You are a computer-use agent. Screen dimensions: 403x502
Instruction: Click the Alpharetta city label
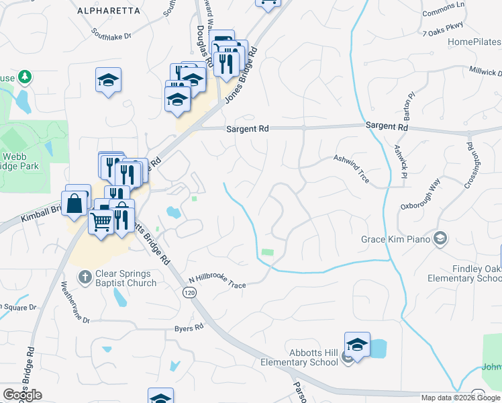coord(109,11)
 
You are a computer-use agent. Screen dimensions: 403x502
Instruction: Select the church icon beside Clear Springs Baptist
coord(85,276)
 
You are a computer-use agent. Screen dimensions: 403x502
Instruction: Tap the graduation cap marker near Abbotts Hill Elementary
coord(357,345)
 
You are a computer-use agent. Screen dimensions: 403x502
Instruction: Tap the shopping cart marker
coord(101,220)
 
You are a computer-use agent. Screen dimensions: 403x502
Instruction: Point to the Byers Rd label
coord(189,328)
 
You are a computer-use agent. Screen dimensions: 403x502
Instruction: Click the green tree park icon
coord(26,77)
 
